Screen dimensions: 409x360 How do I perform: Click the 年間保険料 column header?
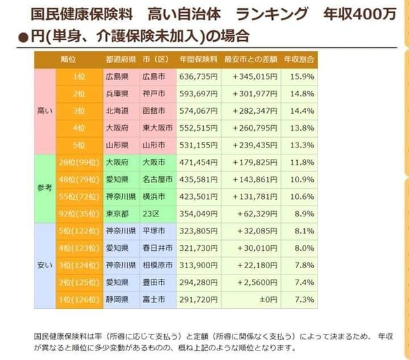198,59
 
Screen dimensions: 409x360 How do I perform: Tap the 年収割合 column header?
299,59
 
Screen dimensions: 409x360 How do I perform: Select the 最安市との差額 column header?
251,59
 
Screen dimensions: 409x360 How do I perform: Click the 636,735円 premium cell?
198,77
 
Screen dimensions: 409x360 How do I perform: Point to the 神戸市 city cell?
154,94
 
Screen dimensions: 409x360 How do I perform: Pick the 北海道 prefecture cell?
117,111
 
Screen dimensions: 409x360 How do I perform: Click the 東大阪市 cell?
158,128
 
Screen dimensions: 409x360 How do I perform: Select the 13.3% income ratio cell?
302,145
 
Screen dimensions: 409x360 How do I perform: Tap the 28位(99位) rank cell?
79,163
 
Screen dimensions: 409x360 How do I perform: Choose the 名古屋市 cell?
158,179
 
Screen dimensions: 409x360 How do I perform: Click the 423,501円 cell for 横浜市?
198,197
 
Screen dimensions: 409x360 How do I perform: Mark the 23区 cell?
151,214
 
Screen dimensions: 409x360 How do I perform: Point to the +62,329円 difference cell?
257,214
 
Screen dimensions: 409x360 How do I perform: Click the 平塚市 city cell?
154,231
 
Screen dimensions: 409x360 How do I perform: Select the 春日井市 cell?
158,248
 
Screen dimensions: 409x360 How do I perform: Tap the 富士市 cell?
154,299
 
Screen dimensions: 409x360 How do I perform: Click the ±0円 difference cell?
268,299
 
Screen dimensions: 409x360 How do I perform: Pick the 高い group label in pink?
45,111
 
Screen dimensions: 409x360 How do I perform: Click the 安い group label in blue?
45,266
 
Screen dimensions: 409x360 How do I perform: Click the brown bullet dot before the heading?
23,37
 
